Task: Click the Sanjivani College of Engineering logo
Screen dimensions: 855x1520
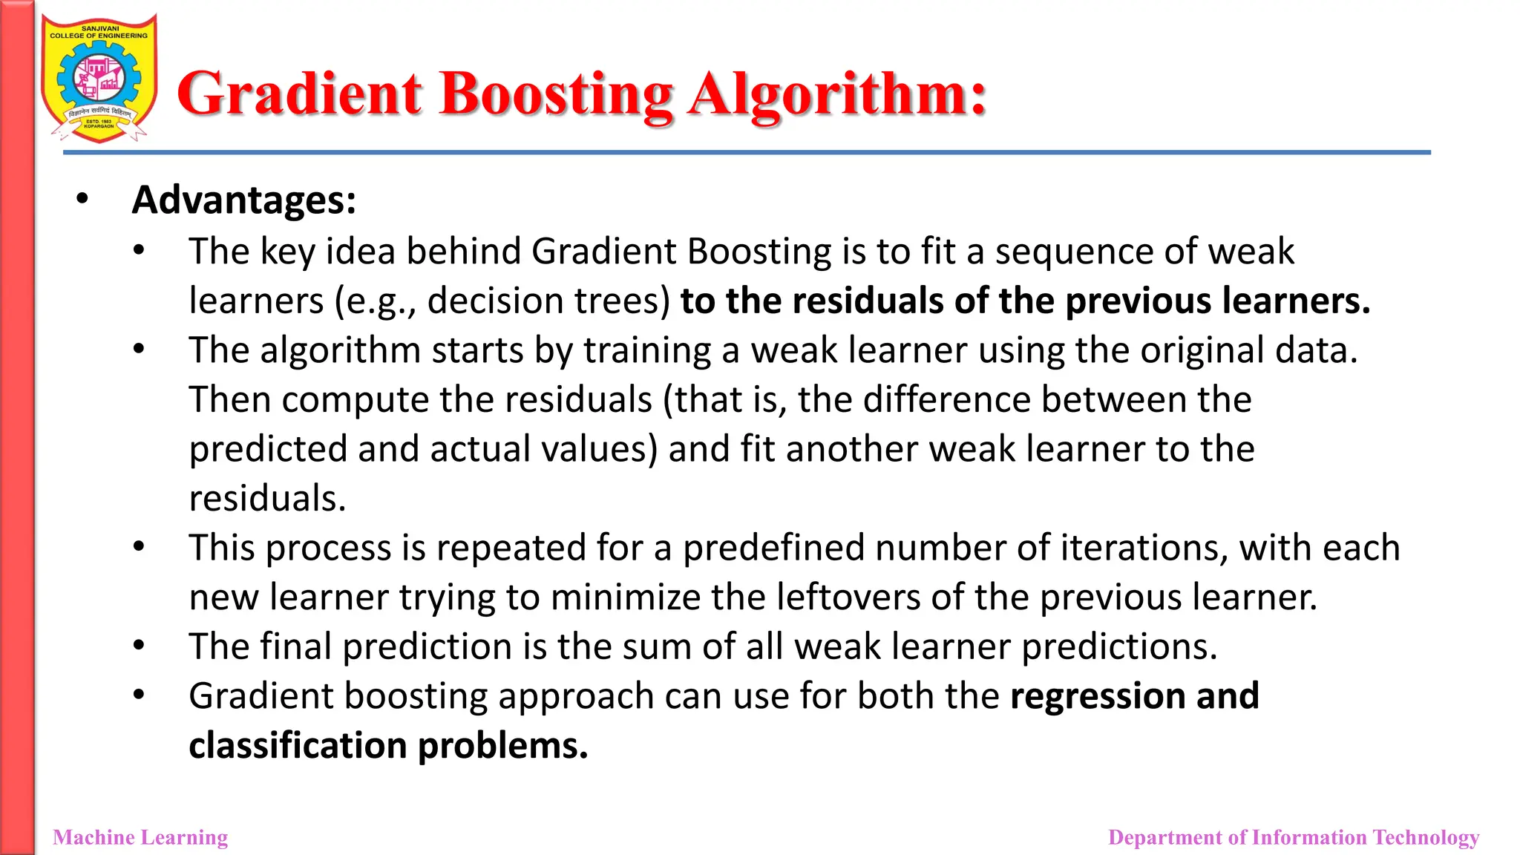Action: [x=99, y=78]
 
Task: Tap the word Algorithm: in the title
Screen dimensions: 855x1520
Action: [x=837, y=94]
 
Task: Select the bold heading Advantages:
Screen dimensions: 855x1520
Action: [x=244, y=200]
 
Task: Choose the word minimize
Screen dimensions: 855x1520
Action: [x=625, y=597]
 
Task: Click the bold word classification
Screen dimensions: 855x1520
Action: [x=298, y=746]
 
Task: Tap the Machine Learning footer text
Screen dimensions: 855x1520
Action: [x=141, y=837]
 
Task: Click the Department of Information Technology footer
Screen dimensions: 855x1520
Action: [x=1293, y=837]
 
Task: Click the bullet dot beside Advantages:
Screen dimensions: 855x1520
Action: [x=82, y=199]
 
